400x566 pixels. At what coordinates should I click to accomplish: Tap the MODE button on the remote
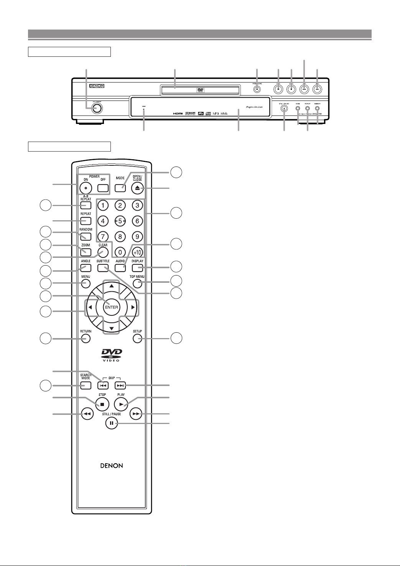coord(120,188)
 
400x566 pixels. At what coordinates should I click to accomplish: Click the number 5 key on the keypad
coord(120,221)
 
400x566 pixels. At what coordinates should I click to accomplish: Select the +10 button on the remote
coord(137,252)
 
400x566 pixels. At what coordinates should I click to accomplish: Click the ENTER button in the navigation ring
coord(112,307)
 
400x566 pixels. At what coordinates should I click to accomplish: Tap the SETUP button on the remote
coord(137,338)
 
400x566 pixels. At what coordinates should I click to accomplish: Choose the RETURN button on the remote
coord(86,338)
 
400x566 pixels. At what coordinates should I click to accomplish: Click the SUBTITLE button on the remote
coord(103,268)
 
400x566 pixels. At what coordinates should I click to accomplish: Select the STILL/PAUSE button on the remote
coord(111,423)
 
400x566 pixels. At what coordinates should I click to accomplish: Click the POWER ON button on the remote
coord(86,188)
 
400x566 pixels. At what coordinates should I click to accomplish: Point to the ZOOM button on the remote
coord(86,252)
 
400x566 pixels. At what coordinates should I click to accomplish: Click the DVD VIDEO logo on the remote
coord(111,355)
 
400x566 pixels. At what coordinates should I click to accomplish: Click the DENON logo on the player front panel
coord(97,86)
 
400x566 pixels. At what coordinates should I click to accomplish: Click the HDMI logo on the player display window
coord(178,114)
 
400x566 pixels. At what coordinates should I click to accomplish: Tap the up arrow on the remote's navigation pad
coord(111,286)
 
